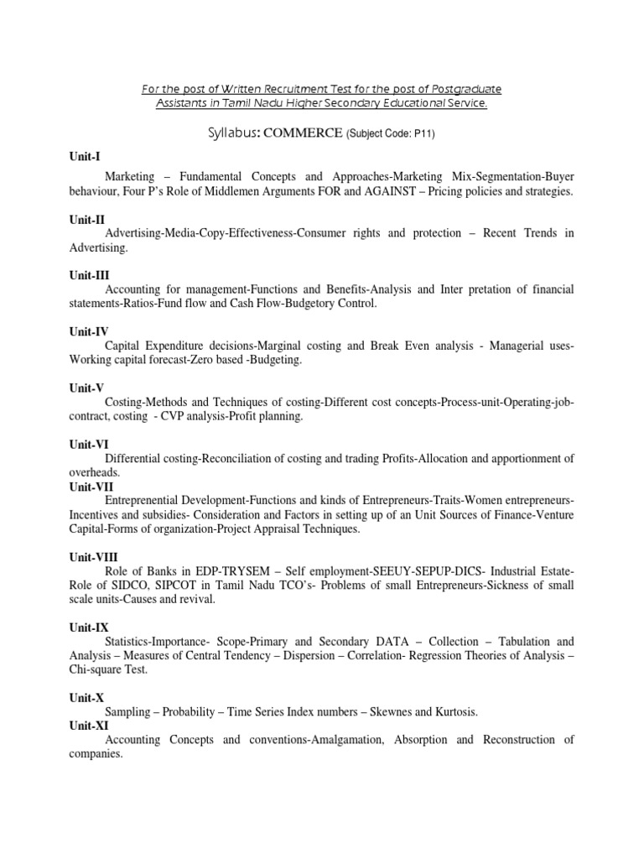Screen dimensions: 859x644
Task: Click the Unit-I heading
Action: [84, 156]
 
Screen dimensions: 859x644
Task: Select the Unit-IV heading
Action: [87, 331]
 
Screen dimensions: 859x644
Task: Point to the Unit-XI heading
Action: [88, 726]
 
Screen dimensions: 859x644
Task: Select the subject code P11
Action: [425, 133]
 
